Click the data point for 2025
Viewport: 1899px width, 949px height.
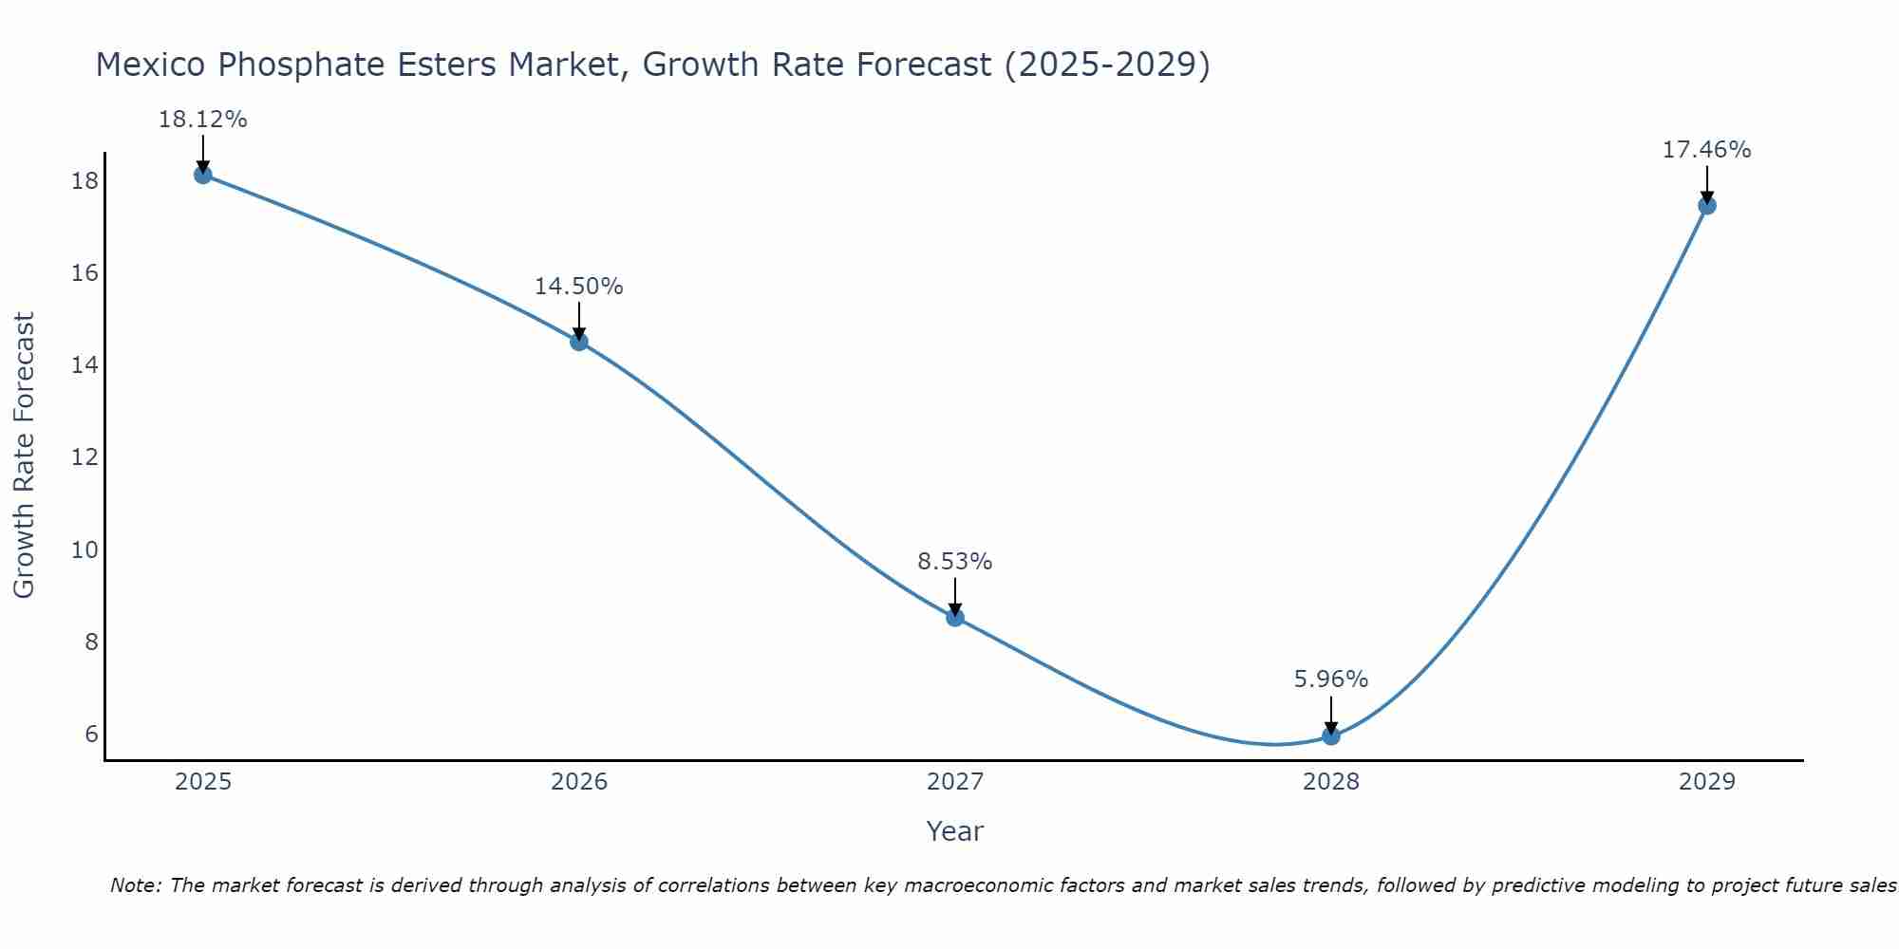pyautogui.click(x=202, y=175)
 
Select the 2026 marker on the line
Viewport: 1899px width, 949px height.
pyautogui.click(x=579, y=342)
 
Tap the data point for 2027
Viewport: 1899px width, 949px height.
pyautogui.click(x=955, y=618)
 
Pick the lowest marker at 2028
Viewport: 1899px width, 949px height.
pyautogui.click(x=1331, y=735)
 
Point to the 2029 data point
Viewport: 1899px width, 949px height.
pyautogui.click(x=1707, y=205)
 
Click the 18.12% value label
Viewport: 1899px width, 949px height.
pyautogui.click(x=202, y=120)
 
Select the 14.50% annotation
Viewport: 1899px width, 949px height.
pyautogui.click(x=579, y=287)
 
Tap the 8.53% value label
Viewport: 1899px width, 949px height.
pyautogui.click(x=955, y=562)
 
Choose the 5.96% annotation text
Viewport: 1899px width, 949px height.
pyautogui.click(x=1331, y=679)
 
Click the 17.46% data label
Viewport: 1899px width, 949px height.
pyautogui.click(x=1707, y=150)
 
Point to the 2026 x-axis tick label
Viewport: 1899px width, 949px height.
pyautogui.click(x=579, y=782)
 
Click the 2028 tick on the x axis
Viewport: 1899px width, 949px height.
pyautogui.click(x=1331, y=782)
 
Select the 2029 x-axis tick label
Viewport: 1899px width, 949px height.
pyautogui.click(x=1707, y=782)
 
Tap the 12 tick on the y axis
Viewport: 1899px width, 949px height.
pyautogui.click(x=85, y=457)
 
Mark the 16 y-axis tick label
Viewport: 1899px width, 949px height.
pyautogui.click(x=85, y=273)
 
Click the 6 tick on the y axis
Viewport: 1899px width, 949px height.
pyautogui.click(x=91, y=734)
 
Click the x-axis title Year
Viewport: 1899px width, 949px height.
pyautogui.click(x=955, y=831)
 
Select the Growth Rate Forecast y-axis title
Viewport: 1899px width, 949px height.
pyautogui.click(x=24, y=456)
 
